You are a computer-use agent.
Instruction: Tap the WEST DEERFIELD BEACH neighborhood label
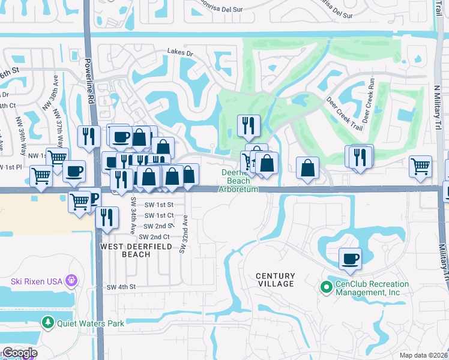coord(125,250)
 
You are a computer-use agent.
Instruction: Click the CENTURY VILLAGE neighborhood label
coord(276,280)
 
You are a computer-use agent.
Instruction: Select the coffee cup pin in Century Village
coord(350,259)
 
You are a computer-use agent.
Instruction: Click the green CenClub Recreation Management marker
coord(327,288)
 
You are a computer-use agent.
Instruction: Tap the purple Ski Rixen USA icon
coord(71,280)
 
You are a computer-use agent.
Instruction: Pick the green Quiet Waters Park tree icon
coord(48,323)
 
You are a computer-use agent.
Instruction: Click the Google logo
coord(19,353)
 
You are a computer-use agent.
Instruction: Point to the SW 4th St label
coord(122,287)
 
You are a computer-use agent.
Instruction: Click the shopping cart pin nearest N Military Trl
coord(420,166)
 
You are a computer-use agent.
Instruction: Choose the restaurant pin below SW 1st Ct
coord(107,218)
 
